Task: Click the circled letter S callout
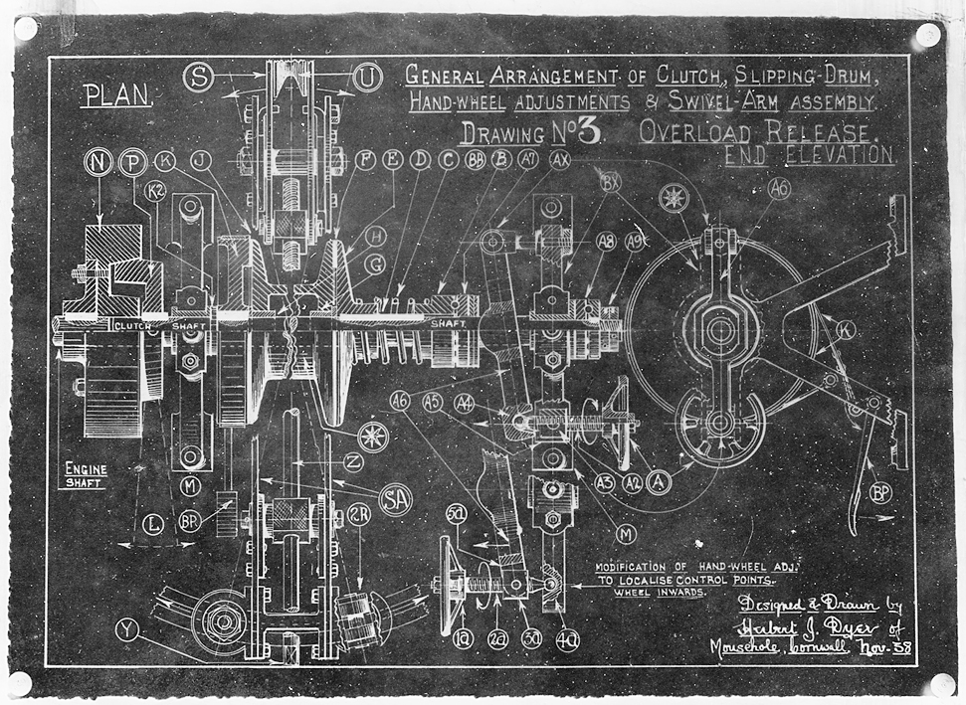(x=199, y=78)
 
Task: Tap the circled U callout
(x=368, y=76)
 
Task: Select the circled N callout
(x=99, y=163)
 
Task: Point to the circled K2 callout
(x=155, y=191)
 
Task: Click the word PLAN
(x=117, y=94)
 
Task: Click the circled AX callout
(x=560, y=159)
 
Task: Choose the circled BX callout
(x=612, y=181)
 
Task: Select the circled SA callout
(x=396, y=501)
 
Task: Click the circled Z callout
(x=352, y=461)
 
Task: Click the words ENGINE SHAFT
(x=87, y=474)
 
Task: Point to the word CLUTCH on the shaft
(x=134, y=325)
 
